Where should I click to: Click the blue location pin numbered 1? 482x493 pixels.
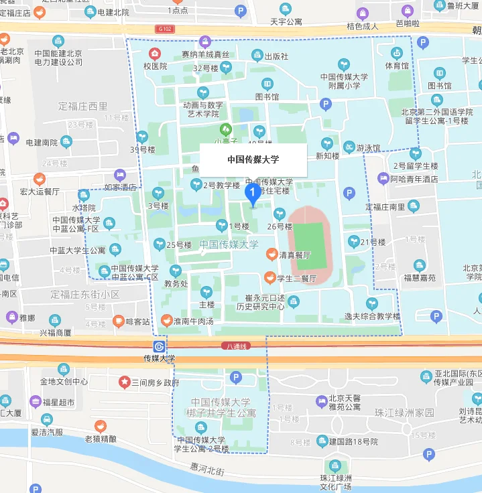pos(253,194)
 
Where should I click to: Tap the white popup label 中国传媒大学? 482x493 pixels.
pos(253,159)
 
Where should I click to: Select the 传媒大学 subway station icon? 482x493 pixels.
pos(159,346)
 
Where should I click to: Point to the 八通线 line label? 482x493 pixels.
pos(235,346)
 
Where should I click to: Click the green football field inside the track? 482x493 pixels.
pos(308,244)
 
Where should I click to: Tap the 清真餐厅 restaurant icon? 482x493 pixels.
pos(271,255)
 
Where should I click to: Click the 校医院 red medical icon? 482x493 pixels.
pos(156,53)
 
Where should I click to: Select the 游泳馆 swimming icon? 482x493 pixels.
pos(349,147)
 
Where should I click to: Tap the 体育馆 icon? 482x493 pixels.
pos(396,53)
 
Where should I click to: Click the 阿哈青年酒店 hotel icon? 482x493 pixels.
pos(383,179)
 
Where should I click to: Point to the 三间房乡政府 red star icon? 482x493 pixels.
pos(124,382)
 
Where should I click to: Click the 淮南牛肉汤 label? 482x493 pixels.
pos(193,322)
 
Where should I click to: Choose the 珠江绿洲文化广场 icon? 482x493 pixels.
pos(333,466)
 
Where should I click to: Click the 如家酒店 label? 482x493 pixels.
pos(121,188)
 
